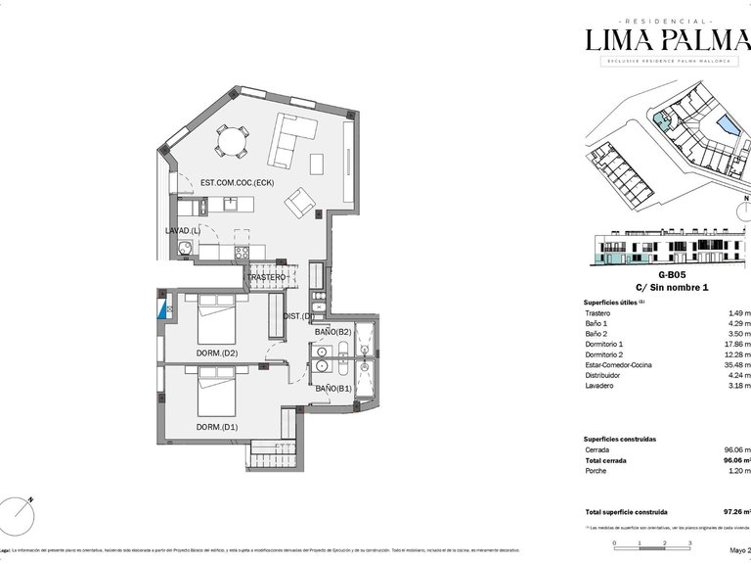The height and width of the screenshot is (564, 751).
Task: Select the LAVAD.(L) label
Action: tap(183, 230)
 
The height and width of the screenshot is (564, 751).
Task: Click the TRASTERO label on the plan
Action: tap(266, 277)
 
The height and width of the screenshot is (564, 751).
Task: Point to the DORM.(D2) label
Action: tap(216, 352)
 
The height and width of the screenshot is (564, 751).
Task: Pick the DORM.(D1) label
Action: tap(216, 426)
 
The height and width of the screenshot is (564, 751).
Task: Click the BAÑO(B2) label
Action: tap(332, 333)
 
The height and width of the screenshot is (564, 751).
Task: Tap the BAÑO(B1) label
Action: tap(332, 389)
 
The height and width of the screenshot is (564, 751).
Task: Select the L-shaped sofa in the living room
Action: tap(291, 140)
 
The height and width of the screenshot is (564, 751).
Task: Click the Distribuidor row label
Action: tap(605, 376)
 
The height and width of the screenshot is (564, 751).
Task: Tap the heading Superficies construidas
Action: tap(619, 439)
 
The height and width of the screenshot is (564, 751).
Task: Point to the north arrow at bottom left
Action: tap(21, 509)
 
